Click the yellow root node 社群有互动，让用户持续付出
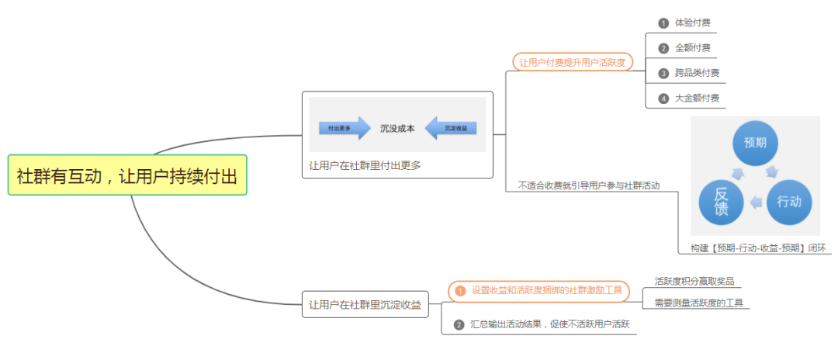(127, 175)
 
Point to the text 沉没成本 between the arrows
(397, 128)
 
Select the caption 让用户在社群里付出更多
(365, 165)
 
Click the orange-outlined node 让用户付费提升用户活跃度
(572, 62)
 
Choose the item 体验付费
(692, 22)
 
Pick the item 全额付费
(692, 47)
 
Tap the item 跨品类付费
(697, 73)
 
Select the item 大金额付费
(697, 98)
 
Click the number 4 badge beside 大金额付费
(663, 99)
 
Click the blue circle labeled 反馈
(722, 202)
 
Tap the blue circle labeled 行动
(788, 202)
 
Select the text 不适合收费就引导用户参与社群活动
(588, 185)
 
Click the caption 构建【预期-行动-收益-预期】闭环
(758, 248)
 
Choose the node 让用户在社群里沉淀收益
(365, 305)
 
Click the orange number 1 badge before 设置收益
(460, 291)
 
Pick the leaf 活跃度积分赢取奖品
(694, 281)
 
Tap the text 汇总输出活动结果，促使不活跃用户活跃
(549, 324)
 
